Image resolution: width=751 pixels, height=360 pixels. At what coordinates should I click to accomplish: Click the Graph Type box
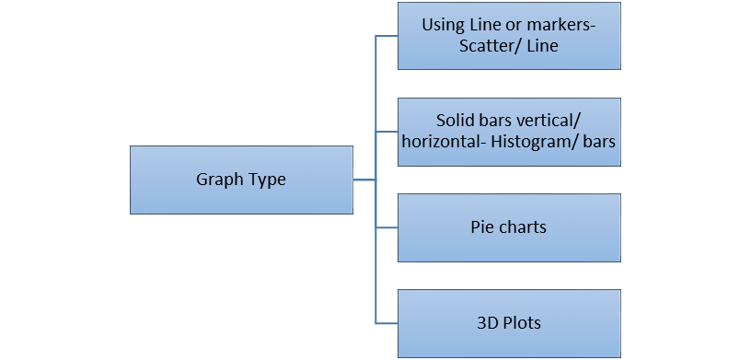pyautogui.click(x=241, y=180)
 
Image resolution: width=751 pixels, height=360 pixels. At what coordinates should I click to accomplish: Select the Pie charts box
pyautogui.click(x=509, y=227)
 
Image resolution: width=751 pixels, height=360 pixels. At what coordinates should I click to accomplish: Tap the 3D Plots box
pyautogui.click(x=509, y=323)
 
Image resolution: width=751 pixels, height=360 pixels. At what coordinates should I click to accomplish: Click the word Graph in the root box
pyautogui.click(x=217, y=180)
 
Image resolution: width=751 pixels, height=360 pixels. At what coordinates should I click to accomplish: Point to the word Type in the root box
pyautogui.click(x=264, y=180)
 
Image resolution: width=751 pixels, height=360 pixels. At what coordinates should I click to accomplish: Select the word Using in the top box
pyautogui.click(x=445, y=25)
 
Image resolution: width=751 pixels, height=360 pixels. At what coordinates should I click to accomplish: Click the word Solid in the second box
pyautogui.click(x=456, y=122)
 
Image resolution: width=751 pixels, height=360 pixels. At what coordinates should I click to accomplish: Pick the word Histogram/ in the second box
pyautogui.click(x=533, y=144)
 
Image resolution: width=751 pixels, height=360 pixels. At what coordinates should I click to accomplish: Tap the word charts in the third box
pyautogui.click(x=522, y=226)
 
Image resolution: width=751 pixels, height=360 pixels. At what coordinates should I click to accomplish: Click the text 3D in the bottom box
pyautogui.click(x=488, y=323)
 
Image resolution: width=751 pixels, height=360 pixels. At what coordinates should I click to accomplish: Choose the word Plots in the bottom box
pyautogui.click(x=522, y=323)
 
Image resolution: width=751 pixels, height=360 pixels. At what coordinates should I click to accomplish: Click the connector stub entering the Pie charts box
pyautogui.click(x=387, y=227)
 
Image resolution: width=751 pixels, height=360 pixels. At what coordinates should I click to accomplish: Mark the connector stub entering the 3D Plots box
pyautogui.click(x=387, y=323)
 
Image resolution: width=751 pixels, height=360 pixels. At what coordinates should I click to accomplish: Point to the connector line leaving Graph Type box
pyautogui.click(x=364, y=180)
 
